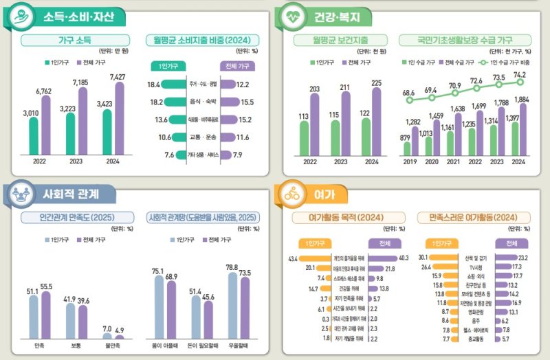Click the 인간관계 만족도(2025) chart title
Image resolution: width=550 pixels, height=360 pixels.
(x=71, y=218)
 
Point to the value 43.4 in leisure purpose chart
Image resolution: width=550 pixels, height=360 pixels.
(x=292, y=258)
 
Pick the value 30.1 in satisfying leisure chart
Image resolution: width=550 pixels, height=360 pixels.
(x=423, y=257)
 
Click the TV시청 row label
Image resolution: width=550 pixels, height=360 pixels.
(x=476, y=267)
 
